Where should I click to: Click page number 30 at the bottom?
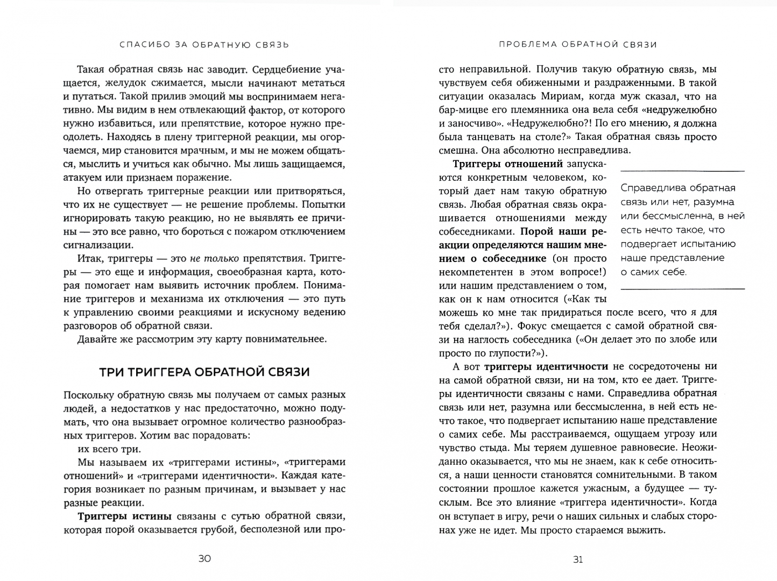point(204,558)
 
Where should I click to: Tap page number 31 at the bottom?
point(578,559)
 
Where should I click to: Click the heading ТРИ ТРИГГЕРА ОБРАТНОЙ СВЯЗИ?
point(204,372)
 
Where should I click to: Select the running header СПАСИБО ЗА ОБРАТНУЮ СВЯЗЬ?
point(204,45)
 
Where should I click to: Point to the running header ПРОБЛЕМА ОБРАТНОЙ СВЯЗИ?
point(578,45)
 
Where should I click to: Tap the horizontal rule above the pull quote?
point(682,171)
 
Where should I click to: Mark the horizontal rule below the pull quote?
point(682,289)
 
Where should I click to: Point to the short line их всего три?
point(109,449)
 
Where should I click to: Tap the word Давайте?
point(100,339)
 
